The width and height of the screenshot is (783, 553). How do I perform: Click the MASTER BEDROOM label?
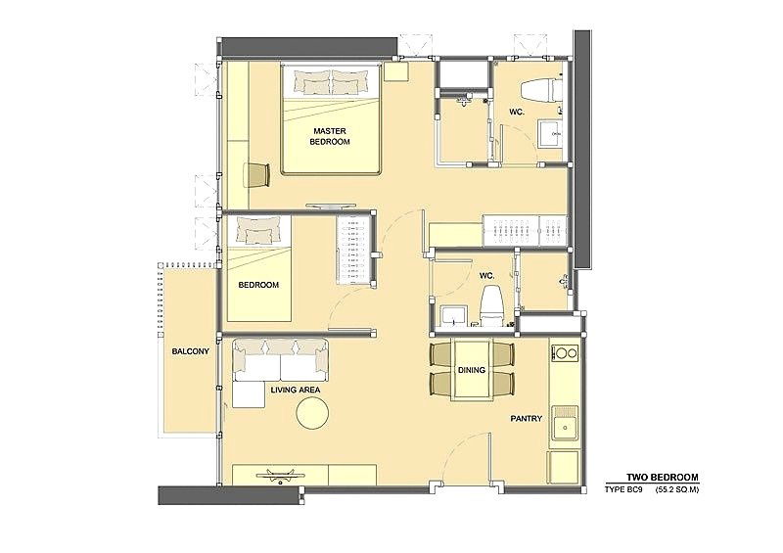(x=330, y=136)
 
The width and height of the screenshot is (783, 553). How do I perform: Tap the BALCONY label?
(x=190, y=351)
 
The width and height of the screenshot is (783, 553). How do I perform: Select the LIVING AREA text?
(x=296, y=390)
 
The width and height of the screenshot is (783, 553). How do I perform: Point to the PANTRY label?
(x=526, y=419)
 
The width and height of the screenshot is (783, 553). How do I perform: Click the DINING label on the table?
(x=472, y=370)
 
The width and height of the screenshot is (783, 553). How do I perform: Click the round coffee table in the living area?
(x=312, y=413)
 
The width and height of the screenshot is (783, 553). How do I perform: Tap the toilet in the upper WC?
(x=541, y=90)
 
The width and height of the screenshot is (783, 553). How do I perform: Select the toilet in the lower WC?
(x=492, y=306)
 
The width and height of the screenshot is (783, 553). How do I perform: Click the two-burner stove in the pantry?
(x=566, y=353)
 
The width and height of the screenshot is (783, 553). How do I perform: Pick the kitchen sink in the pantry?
(x=566, y=427)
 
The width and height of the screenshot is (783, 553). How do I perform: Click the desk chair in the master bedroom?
(x=257, y=175)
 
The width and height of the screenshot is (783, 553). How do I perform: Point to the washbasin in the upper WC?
(x=550, y=133)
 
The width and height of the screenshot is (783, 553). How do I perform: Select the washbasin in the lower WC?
(x=453, y=317)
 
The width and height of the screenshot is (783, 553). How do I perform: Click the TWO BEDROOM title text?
(x=663, y=478)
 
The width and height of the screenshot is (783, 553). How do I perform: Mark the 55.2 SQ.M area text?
(x=677, y=490)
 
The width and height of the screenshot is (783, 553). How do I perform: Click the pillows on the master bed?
(x=332, y=82)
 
